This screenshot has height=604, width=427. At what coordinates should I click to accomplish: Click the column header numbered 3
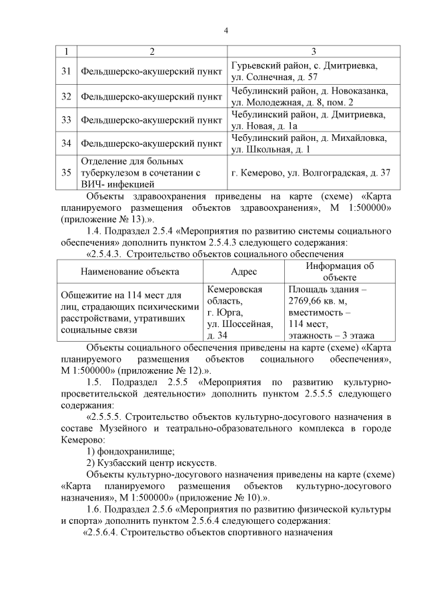tap(314, 52)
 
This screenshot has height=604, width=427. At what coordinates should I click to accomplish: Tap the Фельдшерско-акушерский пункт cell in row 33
tap(151, 120)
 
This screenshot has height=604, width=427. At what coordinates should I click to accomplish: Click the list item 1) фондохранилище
tap(131, 450)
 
